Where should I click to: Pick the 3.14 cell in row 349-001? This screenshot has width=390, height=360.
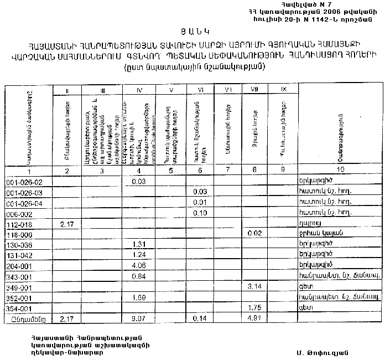(254, 286)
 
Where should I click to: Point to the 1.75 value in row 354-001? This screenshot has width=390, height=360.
(254, 307)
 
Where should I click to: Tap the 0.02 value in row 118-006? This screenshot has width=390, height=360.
(254, 234)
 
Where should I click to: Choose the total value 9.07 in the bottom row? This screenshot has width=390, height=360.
(139, 318)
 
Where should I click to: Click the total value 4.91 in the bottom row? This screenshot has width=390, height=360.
(254, 318)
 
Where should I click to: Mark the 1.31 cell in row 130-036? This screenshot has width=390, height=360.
(139, 244)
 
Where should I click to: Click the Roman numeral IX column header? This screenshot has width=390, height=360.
(284, 89)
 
